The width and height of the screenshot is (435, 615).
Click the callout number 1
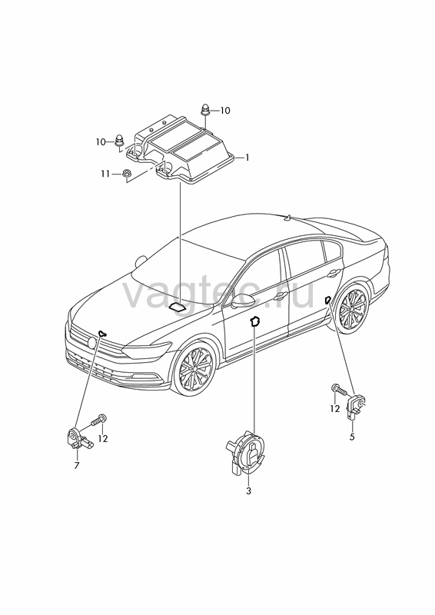(x=247, y=158)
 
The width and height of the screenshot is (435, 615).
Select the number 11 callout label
(x=105, y=173)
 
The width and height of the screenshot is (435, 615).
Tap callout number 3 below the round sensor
(x=248, y=490)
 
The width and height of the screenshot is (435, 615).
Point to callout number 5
(x=352, y=437)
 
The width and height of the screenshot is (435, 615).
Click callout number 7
(x=77, y=466)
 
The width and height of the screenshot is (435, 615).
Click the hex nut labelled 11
(x=127, y=174)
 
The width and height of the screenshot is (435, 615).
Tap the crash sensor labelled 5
(x=355, y=407)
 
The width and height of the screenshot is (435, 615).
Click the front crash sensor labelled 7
(x=78, y=440)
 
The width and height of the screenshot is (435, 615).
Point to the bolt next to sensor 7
(x=98, y=421)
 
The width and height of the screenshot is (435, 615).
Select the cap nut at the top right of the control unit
(x=205, y=109)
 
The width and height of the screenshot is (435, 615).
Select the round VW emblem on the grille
(x=92, y=342)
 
